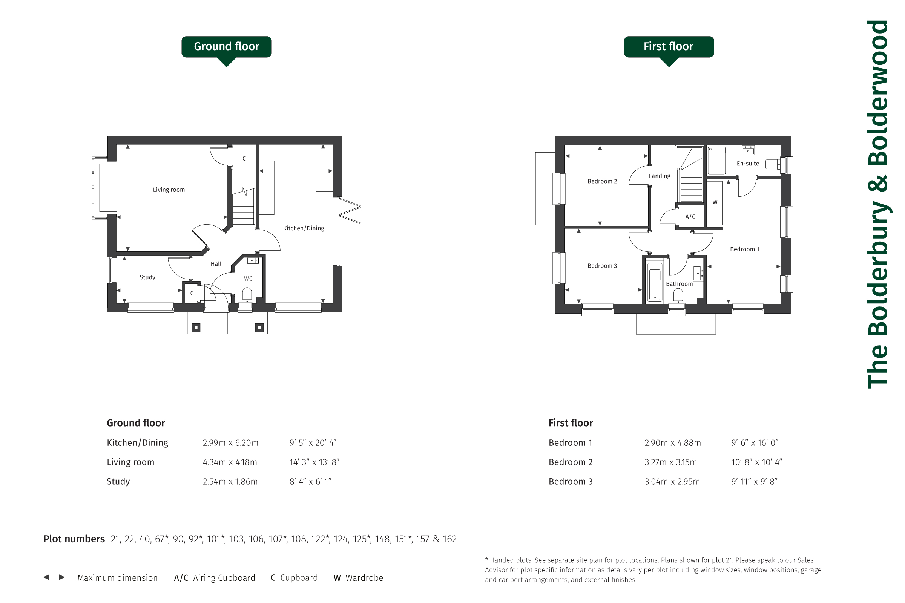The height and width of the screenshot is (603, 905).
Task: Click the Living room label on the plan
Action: pyautogui.click(x=169, y=190)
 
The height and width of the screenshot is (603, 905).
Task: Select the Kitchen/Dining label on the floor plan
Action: pyautogui.click(x=304, y=228)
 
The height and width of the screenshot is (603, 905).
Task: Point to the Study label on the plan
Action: pyautogui.click(x=147, y=277)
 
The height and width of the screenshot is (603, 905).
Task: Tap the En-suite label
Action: pyautogui.click(x=748, y=164)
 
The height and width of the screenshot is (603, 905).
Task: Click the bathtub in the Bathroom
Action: pyautogui.click(x=655, y=281)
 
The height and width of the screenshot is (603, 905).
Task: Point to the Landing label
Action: pyautogui.click(x=660, y=176)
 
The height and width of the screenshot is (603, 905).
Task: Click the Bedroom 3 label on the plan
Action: pyautogui.click(x=602, y=266)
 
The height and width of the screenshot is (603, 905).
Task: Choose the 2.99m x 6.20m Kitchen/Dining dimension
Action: pyautogui.click(x=230, y=442)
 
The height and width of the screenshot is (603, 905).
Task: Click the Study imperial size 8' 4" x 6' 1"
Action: pyautogui.click(x=310, y=482)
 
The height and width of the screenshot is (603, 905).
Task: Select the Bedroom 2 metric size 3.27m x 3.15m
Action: pyautogui.click(x=671, y=462)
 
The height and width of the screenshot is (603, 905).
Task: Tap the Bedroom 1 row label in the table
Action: pyautogui.click(x=570, y=442)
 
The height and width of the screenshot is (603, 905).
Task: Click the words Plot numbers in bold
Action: pyautogui.click(x=74, y=539)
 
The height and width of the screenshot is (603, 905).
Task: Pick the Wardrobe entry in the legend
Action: pyautogui.click(x=358, y=578)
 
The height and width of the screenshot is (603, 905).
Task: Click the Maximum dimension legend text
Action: pyautogui.click(x=117, y=578)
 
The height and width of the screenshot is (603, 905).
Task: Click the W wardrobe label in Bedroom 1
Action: pyautogui.click(x=715, y=202)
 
